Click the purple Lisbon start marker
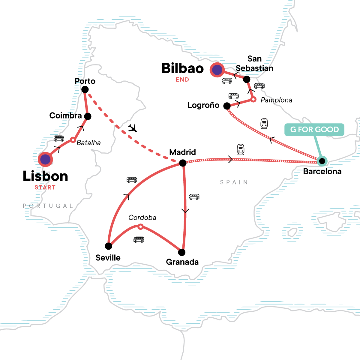pyautogui.click(x=45, y=159)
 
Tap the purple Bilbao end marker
pyautogui.click(x=217, y=70)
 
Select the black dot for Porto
pyautogui.click(x=85, y=89)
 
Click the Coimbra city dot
pyautogui.click(x=88, y=116)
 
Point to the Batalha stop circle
pyautogui.click(x=73, y=140)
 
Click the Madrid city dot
pyautogui.click(x=182, y=163)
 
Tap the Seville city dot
pyautogui.click(x=109, y=246)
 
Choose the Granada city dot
pyautogui.click(x=182, y=252)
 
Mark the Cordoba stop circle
pyautogui.click(x=140, y=226)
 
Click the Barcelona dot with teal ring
pyautogui.click(x=322, y=161)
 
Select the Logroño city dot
pyautogui.click(x=227, y=106)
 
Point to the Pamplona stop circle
pyautogui.click(x=253, y=99)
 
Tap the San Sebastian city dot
pyautogui.click(x=247, y=79)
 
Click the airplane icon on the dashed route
pyautogui.click(x=132, y=128)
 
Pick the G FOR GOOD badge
pyautogui.click(x=314, y=130)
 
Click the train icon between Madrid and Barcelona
pyautogui.click(x=241, y=149)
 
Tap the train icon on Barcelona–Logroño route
pyautogui.click(x=264, y=123)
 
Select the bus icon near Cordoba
pyautogui.click(x=139, y=239)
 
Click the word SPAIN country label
pyautogui.click(x=234, y=182)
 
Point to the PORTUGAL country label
pyautogui.click(x=48, y=206)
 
